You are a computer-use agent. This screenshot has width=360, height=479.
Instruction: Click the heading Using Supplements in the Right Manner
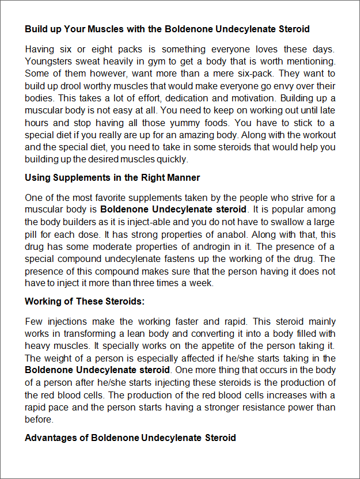pyautogui.click(x=112, y=177)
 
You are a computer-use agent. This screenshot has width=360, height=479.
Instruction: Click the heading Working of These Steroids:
pyautogui.click(x=85, y=301)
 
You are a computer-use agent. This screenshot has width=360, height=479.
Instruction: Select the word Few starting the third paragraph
pyautogui.click(x=34, y=321)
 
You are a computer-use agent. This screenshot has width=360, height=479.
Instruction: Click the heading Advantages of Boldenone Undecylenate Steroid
pyautogui.click(x=130, y=438)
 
